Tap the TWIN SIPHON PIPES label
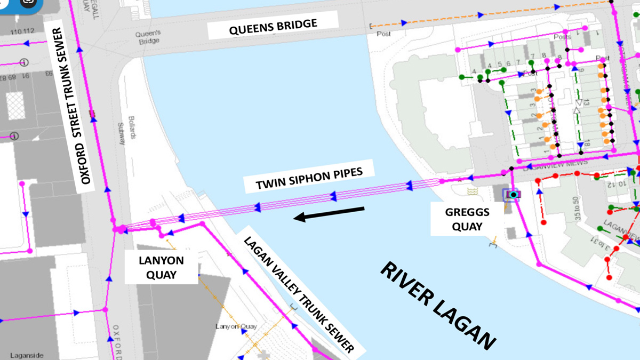click(309, 178)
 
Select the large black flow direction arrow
click(329, 213)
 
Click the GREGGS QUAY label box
click(467, 219)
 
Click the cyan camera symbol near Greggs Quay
click(513, 195)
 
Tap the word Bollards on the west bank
click(133, 126)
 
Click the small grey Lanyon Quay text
click(236, 326)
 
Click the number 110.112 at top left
click(22, 31)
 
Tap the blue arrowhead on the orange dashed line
click(404, 22)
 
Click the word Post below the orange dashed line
click(383, 34)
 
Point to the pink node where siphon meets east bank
click(442, 182)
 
